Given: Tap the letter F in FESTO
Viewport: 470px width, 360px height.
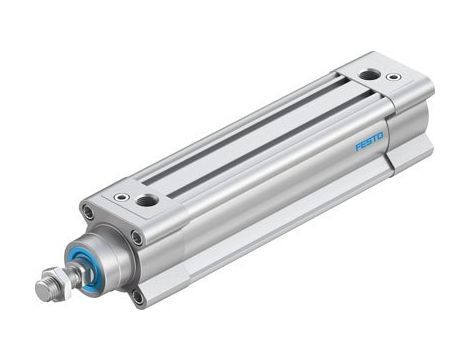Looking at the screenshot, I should (358, 150).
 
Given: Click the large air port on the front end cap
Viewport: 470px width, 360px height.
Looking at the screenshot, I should (147, 201).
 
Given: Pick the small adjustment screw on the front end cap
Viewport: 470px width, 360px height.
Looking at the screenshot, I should (122, 197).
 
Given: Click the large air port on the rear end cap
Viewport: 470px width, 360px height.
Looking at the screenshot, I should (370, 74).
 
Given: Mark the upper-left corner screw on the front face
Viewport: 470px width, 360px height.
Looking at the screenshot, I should (88, 212).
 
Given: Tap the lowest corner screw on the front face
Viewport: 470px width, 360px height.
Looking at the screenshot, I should (138, 297).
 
